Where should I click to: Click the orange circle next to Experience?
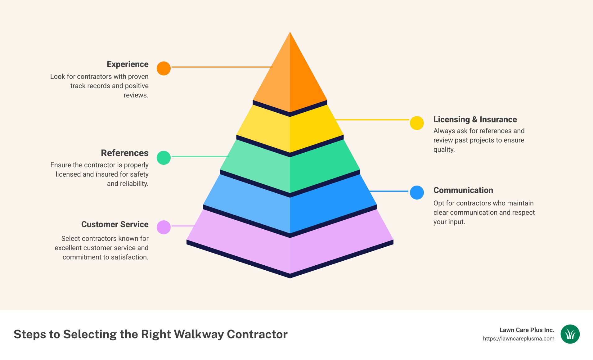(164, 68)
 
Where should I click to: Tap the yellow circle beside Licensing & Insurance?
(417, 123)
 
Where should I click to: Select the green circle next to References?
(164, 158)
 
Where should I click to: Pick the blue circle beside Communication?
(417, 192)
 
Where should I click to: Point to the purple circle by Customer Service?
(164, 227)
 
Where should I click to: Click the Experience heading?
(128, 64)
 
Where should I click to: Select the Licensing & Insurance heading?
(475, 119)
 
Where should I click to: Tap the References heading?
(125, 153)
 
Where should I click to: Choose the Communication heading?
(463, 190)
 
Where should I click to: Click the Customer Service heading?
(115, 224)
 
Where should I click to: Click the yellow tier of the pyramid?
(290, 130)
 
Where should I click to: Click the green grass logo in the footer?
(570, 334)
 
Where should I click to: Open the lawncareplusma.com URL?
(519, 339)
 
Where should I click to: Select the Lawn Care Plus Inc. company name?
(527, 330)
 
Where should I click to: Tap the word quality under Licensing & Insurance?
(444, 150)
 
